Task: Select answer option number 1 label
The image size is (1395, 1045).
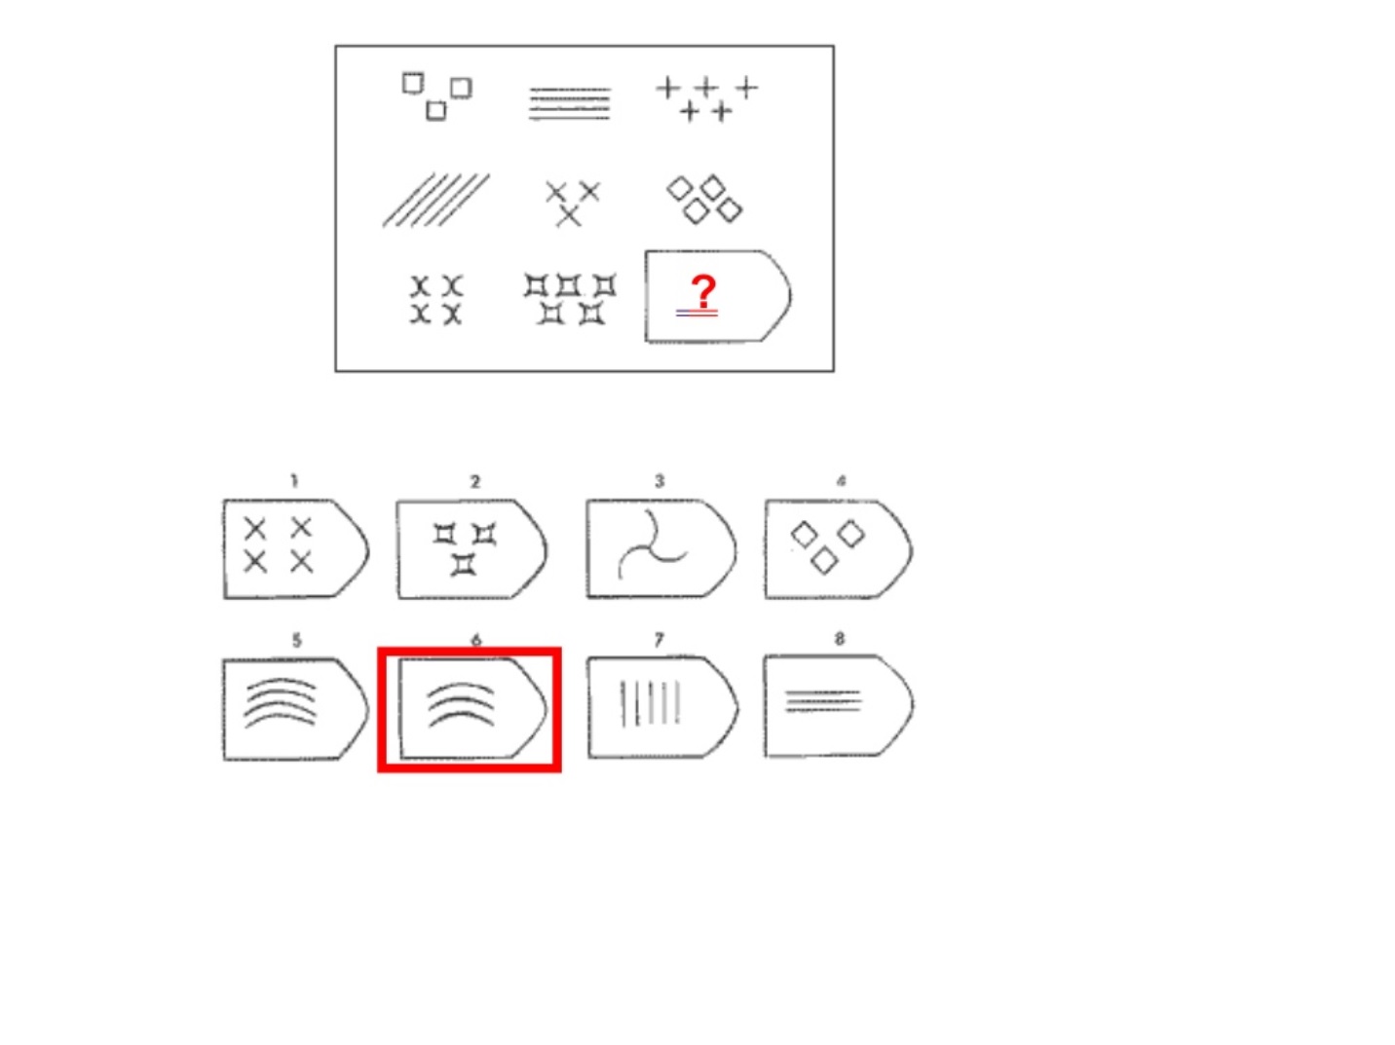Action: tap(293, 481)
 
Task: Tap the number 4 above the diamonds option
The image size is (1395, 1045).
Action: tap(841, 481)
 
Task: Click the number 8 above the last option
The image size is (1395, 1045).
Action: tap(840, 639)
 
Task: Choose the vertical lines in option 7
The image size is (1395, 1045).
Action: tap(651, 703)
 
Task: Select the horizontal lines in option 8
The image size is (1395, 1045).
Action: tap(823, 701)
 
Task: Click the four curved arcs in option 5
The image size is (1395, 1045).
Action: tap(281, 702)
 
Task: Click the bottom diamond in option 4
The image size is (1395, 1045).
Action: tap(824, 561)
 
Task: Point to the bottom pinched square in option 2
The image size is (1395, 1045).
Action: tap(463, 564)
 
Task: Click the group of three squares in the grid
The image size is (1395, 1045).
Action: tap(437, 96)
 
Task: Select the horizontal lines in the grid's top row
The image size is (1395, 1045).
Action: tap(570, 103)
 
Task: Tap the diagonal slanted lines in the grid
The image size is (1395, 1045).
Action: tap(436, 200)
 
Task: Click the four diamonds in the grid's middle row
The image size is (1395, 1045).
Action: tap(704, 200)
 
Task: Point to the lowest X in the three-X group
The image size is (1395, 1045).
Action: tap(568, 216)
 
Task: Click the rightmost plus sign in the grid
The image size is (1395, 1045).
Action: tap(747, 88)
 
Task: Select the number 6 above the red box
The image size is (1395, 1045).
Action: tap(476, 640)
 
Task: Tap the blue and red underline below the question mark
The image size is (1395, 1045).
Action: tap(697, 314)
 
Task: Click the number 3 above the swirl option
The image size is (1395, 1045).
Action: tap(660, 481)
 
